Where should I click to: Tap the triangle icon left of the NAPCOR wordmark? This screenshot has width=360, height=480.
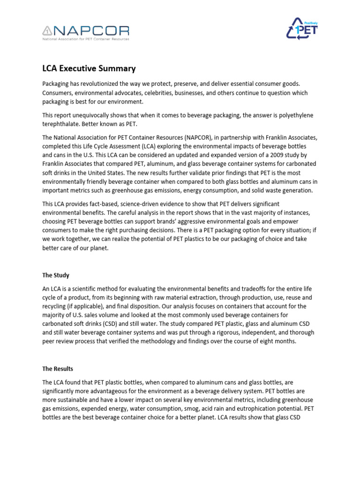pyautogui.click(x=47, y=31)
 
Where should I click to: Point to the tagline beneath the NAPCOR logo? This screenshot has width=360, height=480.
pyautogui.click(x=86, y=39)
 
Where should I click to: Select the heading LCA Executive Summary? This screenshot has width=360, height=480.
pyautogui.click(x=89, y=68)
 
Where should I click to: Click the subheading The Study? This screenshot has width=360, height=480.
pyautogui.click(x=56, y=275)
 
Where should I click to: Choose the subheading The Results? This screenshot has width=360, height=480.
pyautogui.click(x=58, y=369)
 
